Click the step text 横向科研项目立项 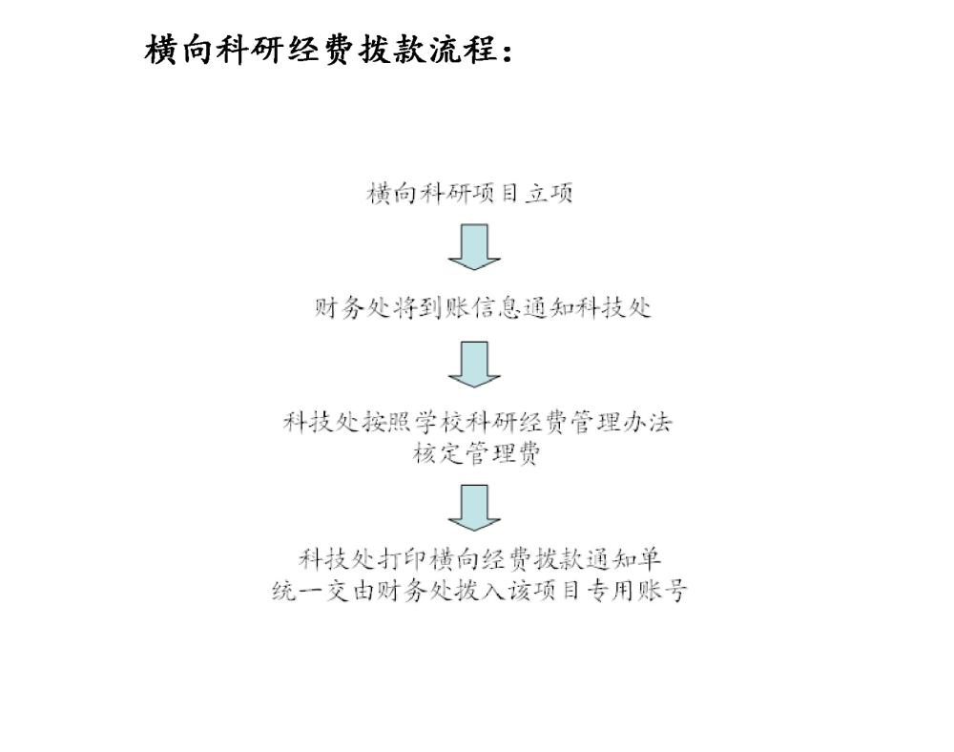click(469, 194)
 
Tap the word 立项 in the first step click(549, 194)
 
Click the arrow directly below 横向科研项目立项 click(474, 247)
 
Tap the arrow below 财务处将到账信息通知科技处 click(474, 365)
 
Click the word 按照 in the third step click(387, 422)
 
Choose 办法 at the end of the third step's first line click(647, 422)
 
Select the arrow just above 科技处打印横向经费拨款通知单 click(474, 508)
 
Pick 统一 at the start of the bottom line click(298, 590)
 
